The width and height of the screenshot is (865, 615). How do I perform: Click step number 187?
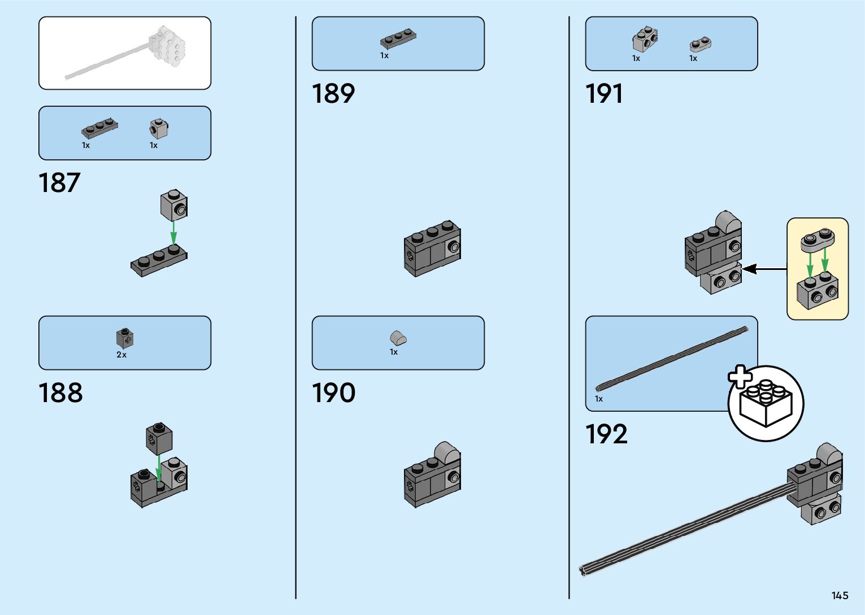click(x=59, y=183)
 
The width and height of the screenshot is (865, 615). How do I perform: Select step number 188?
click(x=60, y=392)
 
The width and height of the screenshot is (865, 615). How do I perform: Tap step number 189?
click(x=333, y=94)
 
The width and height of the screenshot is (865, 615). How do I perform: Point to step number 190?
click(x=333, y=392)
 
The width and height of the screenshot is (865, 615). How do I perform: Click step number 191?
click(x=604, y=94)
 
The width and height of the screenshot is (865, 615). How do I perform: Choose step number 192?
click(x=606, y=434)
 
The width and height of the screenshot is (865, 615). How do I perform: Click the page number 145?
click(x=840, y=595)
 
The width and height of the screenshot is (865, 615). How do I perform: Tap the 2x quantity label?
click(x=121, y=355)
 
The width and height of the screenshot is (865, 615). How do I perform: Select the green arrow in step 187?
click(x=173, y=232)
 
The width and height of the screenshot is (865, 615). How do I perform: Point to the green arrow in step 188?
click(x=159, y=468)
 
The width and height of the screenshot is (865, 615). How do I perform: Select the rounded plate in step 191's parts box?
click(x=701, y=44)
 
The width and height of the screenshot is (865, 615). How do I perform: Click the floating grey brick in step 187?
click(x=174, y=205)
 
